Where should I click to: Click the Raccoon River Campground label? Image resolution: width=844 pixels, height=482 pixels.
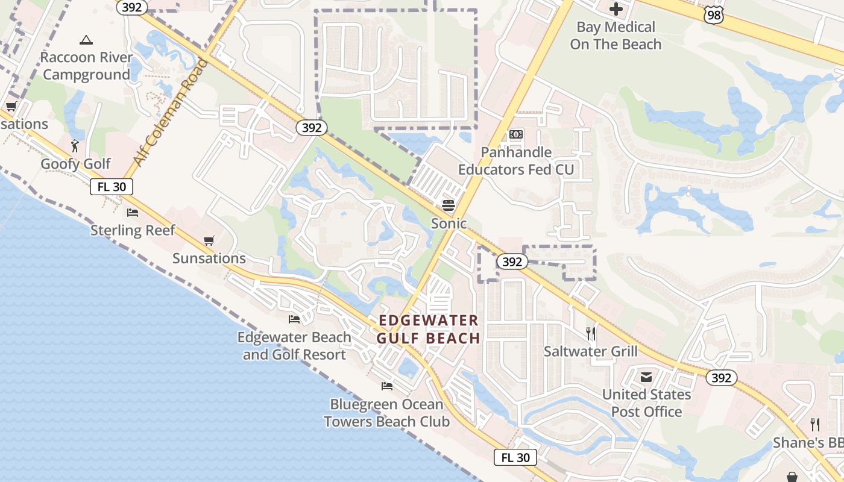click(x=86, y=66)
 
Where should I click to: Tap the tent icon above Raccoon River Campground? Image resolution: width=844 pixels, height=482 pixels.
click(x=86, y=40)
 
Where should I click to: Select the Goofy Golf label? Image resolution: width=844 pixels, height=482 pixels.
click(x=75, y=164)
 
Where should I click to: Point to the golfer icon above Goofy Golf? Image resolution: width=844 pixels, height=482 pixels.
click(x=75, y=146)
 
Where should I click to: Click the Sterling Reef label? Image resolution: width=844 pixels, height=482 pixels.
click(x=133, y=230)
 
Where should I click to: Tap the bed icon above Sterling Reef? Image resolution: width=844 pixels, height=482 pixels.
click(x=133, y=213)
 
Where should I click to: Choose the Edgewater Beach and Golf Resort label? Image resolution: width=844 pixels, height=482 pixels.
click(x=294, y=346)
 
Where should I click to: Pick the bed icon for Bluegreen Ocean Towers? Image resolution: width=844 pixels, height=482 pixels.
click(x=387, y=386)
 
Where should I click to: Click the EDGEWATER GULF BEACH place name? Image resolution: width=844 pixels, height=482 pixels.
click(x=428, y=330)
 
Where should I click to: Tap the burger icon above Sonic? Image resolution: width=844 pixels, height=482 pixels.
click(x=449, y=205)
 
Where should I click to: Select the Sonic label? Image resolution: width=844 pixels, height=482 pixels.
click(x=449, y=224)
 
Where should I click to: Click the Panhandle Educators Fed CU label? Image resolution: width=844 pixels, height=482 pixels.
click(x=516, y=161)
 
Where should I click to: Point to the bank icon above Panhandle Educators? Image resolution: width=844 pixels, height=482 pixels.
click(x=516, y=134)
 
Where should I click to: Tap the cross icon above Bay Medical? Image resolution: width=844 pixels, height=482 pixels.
click(x=616, y=9)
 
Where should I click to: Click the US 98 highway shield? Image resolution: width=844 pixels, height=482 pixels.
click(x=714, y=16)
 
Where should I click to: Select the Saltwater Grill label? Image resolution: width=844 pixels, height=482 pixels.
click(x=590, y=351)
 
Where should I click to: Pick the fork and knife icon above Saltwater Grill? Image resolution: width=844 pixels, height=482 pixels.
click(x=591, y=333)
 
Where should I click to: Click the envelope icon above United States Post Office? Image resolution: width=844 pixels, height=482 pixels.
click(x=646, y=377)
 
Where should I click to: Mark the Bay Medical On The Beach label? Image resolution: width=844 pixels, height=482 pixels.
click(x=616, y=36)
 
